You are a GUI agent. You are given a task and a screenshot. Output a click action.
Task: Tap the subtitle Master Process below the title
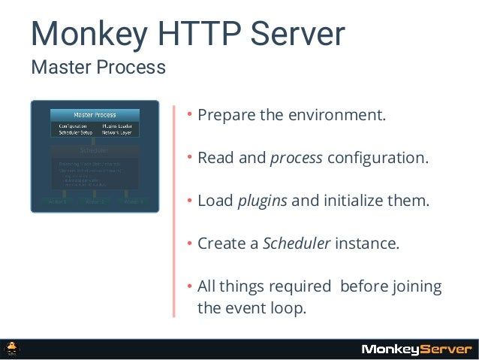click(x=98, y=69)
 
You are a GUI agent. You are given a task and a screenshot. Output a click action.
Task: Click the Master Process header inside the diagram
click(x=94, y=114)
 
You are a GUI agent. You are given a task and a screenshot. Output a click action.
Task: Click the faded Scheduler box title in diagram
click(x=95, y=150)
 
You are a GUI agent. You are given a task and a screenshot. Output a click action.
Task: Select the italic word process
click(x=296, y=159)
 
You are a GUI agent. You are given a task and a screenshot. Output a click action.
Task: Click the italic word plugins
click(x=262, y=201)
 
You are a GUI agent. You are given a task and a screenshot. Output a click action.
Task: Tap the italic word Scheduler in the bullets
click(x=296, y=244)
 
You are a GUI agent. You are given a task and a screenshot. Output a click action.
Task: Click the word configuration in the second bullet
click(x=378, y=159)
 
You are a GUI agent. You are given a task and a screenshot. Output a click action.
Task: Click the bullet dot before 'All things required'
click(x=191, y=286)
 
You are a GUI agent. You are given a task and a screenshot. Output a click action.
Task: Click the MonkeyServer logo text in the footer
click(x=416, y=349)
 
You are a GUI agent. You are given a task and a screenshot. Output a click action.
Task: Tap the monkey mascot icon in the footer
click(x=14, y=349)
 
